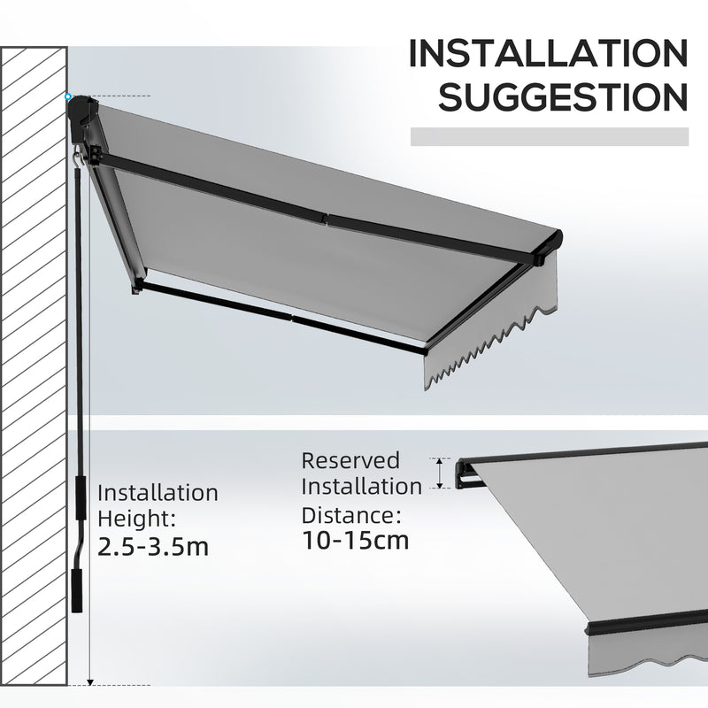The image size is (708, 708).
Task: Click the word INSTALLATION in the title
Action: click(x=546, y=55)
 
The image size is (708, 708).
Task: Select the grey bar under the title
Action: click(x=550, y=136)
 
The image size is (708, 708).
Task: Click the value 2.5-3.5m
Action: click(x=154, y=546)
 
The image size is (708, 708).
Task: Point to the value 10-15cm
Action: click(x=356, y=539)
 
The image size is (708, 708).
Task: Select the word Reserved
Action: click(x=350, y=460)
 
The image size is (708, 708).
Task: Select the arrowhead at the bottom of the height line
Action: click(x=89, y=682)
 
